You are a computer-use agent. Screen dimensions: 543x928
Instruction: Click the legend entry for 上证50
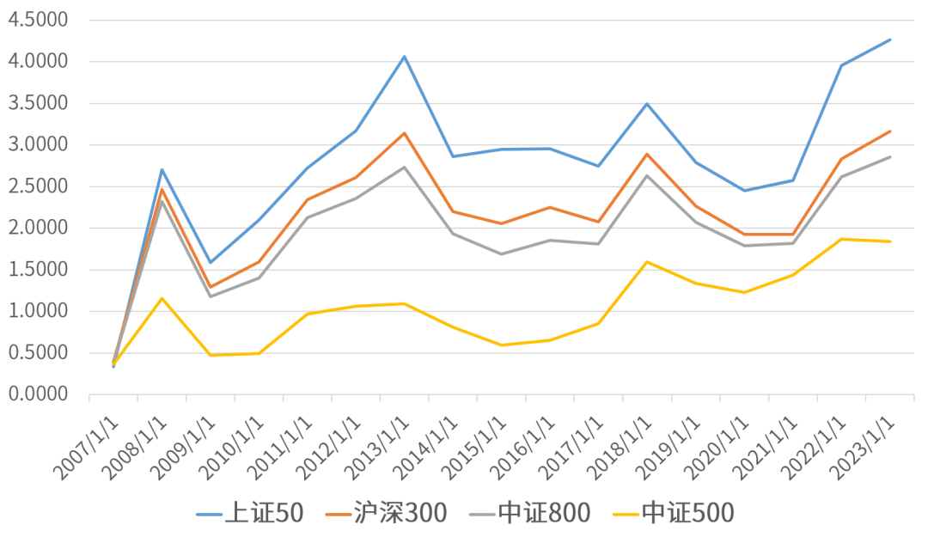(x=250, y=514)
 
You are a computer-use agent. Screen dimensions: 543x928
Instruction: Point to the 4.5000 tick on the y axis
(x=38, y=20)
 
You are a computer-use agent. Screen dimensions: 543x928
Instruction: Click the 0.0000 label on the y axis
(x=38, y=394)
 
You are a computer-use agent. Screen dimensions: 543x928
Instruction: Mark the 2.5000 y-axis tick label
(x=38, y=186)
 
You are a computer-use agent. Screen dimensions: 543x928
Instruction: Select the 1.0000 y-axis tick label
(x=38, y=311)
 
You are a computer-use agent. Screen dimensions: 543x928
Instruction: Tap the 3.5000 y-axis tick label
(x=38, y=103)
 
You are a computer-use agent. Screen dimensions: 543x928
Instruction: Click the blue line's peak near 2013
(x=405, y=57)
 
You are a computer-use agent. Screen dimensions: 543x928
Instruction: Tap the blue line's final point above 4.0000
(x=890, y=40)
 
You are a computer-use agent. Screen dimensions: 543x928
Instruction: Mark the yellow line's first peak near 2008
(x=162, y=298)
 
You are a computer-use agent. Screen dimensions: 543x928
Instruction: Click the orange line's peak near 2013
(x=405, y=133)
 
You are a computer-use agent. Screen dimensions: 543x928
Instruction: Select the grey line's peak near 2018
(x=647, y=175)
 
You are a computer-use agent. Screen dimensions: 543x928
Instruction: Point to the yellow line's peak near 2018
(x=647, y=261)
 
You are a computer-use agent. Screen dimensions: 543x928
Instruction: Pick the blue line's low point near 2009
(x=210, y=263)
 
